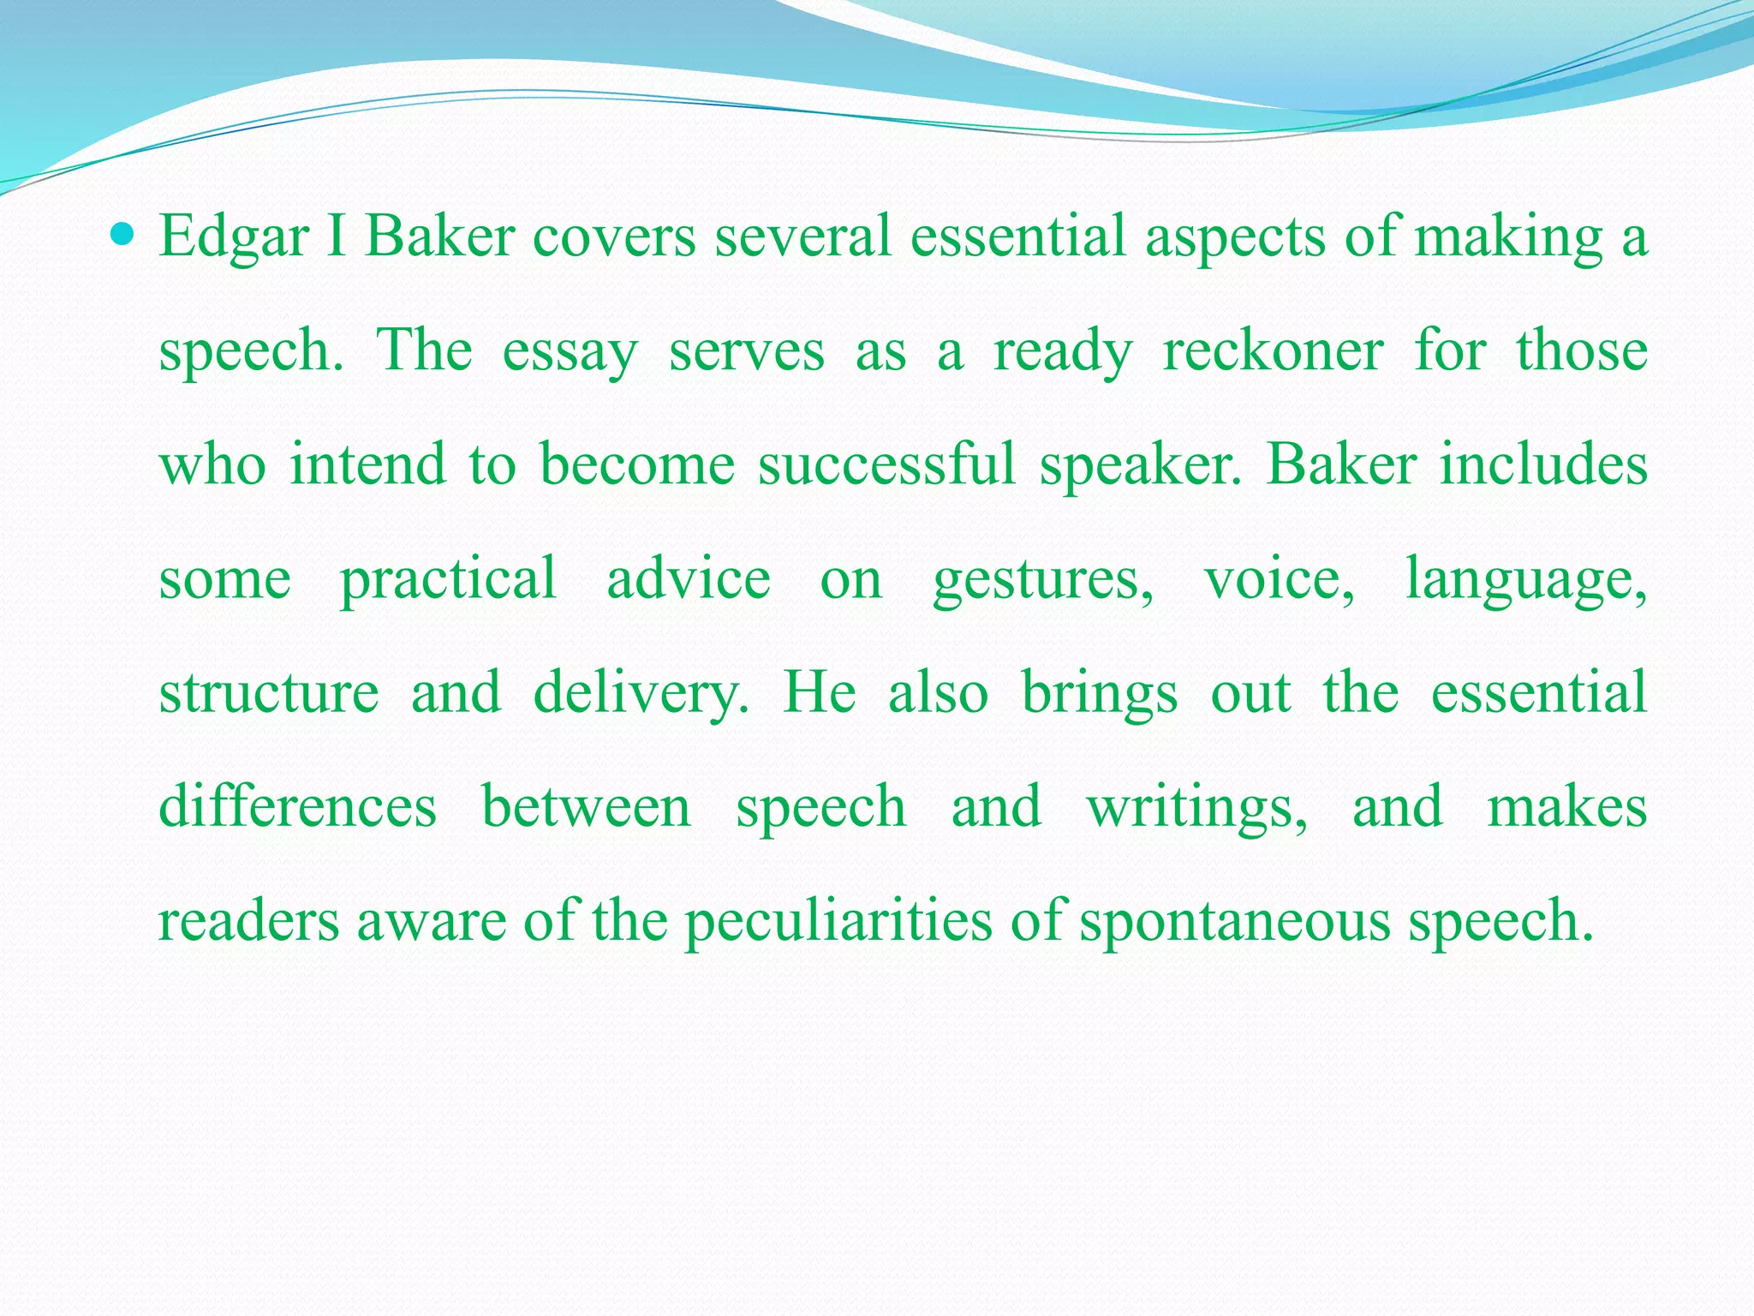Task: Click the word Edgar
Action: [x=233, y=237]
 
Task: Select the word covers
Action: [x=614, y=237]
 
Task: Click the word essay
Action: [x=570, y=351]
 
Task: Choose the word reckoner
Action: [x=1273, y=351]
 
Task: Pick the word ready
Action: [x=1062, y=351]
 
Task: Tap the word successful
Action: [x=886, y=465]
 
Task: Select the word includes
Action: [x=1543, y=465]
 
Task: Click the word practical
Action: [x=449, y=579]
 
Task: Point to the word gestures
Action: [x=1042, y=581]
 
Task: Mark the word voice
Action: [x=1279, y=579]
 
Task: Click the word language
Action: [x=1525, y=581]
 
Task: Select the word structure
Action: [x=269, y=693]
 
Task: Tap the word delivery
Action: [x=640, y=693]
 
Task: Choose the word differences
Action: [x=298, y=807]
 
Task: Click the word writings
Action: [x=1196, y=809]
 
